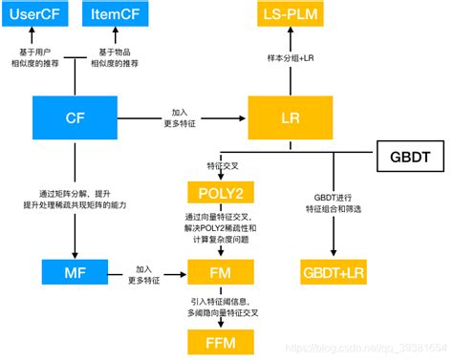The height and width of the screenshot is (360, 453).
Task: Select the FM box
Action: [221, 274]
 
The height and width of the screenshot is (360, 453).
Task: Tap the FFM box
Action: [221, 341]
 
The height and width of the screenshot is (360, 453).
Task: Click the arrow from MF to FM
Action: [143, 275]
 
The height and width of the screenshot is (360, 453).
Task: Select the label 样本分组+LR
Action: [291, 58]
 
